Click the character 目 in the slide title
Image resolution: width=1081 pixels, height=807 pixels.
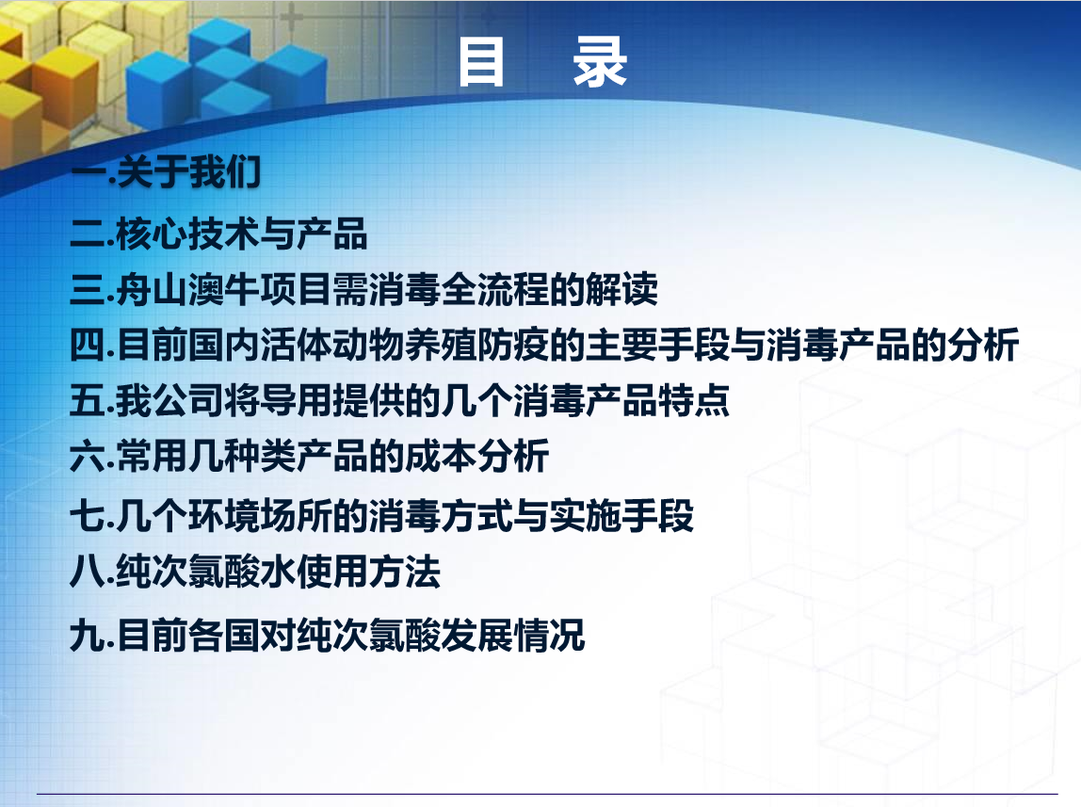481,63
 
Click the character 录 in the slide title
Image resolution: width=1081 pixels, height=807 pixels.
600,63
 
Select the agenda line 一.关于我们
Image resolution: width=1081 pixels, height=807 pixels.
166,171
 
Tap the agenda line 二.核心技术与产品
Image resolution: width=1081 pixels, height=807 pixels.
218,234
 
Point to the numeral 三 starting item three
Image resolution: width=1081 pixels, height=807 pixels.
88,289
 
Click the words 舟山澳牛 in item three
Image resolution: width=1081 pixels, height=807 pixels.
187,289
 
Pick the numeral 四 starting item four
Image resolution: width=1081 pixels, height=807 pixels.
88,345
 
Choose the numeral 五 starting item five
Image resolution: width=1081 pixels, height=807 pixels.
88,400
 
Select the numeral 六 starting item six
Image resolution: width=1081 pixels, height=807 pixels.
88,456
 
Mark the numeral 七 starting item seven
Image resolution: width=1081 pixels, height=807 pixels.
88,516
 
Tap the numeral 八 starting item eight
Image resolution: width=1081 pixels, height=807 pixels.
88,572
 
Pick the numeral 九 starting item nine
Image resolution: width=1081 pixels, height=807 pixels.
88,635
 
